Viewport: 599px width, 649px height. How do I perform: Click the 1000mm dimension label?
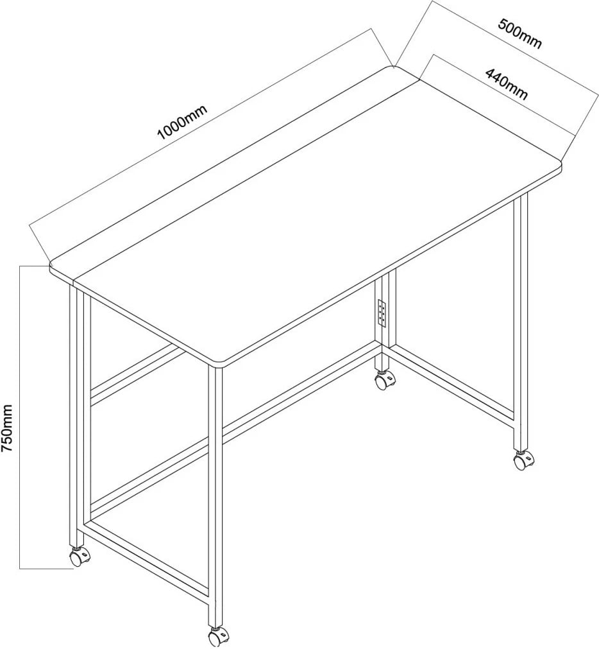click(182, 122)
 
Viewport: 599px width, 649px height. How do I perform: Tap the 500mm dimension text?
click(519, 34)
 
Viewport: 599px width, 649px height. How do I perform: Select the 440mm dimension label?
click(507, 85)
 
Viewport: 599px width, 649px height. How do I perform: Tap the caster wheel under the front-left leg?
click(79, 557)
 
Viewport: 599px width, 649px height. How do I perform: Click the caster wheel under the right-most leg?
click(524, 460)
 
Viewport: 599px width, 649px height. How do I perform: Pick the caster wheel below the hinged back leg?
click(385, 380)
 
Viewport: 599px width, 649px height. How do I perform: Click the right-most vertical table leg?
click(521, 323)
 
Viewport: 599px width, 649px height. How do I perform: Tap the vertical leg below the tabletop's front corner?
click(215, 497)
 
